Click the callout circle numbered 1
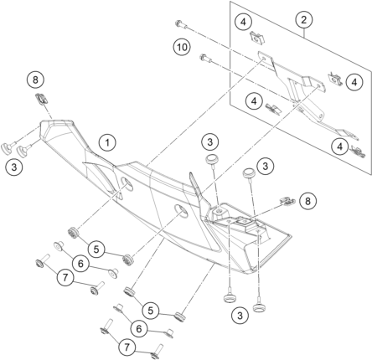[x=108, y=142]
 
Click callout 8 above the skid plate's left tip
[x=36, y=81]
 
